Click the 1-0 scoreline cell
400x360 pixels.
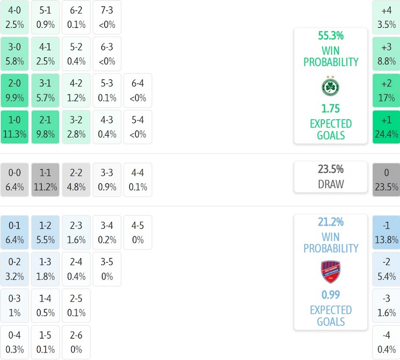pos(14,127)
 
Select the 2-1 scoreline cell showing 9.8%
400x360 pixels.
pos(45,127)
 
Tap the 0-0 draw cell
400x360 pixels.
pos(14,179)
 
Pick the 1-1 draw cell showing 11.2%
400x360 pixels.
pos(45,179)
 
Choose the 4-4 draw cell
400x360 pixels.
pos(138,179)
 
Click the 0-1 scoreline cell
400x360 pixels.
pos(14,231)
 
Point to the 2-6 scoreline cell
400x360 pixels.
pos(76,343)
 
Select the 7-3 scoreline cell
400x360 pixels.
pos(107,17)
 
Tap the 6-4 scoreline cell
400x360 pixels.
pos(138,90)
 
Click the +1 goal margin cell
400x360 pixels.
pos(386,127)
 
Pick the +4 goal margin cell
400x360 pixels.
pos(386,17)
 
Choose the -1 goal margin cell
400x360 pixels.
pos(386,231)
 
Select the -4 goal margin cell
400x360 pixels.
pos(386,343)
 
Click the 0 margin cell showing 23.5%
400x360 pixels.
pos(386,179)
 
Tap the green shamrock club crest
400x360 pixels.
pos(330,86)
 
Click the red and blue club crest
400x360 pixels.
pos(330,271)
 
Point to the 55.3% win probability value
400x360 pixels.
pos(330,36)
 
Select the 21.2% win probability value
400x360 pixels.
pos(330,222)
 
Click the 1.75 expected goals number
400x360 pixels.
pos(330,108)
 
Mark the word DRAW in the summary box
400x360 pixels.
pos(330,184)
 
